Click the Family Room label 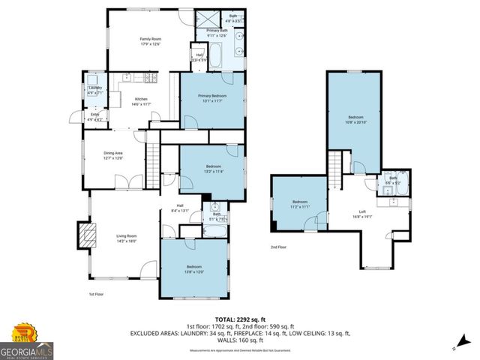(x=150, y=41)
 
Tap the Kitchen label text (x=141, y=100)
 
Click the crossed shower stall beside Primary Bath (x=208, y=19)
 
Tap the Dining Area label (x=113, y=155)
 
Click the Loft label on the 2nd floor (x=361, y=212)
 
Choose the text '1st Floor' (x=96, y=295)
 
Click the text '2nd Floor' (x=279, y=246)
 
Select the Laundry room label (x=94, y=90)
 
